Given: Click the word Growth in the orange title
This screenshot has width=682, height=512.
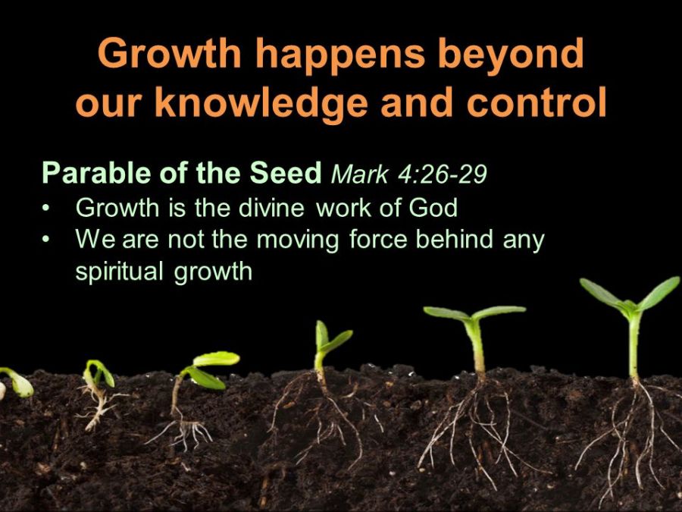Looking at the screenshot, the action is [170, 53].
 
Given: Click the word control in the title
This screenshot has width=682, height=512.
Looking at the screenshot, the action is [537, 102].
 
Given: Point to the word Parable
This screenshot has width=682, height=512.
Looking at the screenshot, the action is [97, 172].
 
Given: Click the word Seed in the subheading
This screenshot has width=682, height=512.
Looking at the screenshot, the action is [286, 172].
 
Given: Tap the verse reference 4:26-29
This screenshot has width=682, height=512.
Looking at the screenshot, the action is [443, 174].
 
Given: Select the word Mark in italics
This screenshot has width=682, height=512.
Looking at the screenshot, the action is [359, 174].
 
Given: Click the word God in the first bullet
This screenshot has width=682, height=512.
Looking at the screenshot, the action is [433, 208].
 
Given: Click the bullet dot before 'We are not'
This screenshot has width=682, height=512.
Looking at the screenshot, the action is [45, 240].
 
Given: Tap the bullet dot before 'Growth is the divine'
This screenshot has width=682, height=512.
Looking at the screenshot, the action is [45, 209].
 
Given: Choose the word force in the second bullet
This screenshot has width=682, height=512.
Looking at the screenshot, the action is [378, 240].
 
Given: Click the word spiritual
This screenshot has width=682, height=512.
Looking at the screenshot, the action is [120, 272].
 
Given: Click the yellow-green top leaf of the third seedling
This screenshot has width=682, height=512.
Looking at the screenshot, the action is [216, 359].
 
